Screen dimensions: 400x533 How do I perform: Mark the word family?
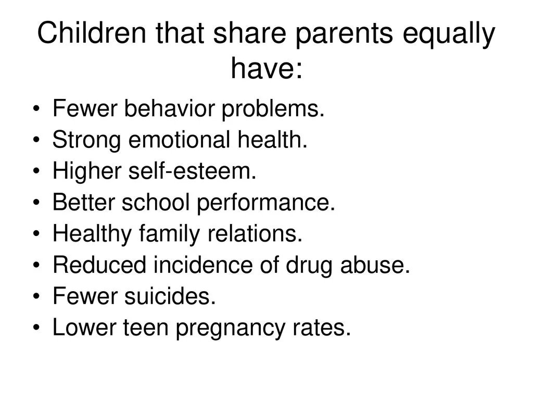coord(169,234)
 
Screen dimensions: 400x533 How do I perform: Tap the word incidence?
coord(200,266)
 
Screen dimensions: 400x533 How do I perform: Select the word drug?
coord(307,266)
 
